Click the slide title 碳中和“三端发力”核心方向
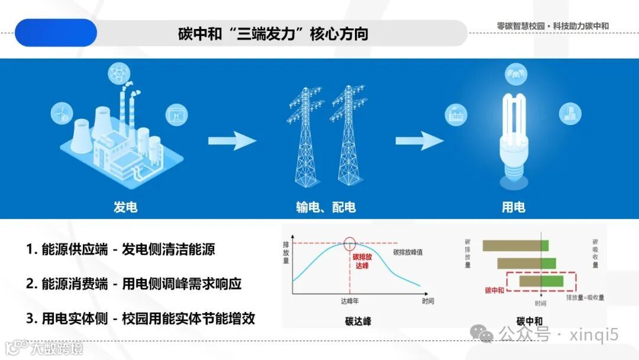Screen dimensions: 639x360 (273, 33)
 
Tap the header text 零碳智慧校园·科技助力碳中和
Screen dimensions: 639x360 (553, 26)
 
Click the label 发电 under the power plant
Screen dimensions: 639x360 (125, 207)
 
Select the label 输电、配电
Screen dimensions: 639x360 (326, 207)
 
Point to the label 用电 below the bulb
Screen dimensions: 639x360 (513, 207)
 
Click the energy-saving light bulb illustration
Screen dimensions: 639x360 (514, 136)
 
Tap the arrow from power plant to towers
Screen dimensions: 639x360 (232, 141)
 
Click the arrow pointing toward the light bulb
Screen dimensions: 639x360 (419, 141)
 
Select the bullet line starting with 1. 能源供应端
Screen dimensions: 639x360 (121, 249)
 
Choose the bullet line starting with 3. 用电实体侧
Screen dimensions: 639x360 (140, 318)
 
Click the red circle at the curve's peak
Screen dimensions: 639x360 (350, 243)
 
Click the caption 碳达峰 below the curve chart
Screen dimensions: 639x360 (358, 322)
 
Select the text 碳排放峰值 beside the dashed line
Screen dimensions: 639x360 (408, 252)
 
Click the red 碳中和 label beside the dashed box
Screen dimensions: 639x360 (494, 290)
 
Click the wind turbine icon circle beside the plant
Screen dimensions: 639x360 (61, 111)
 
